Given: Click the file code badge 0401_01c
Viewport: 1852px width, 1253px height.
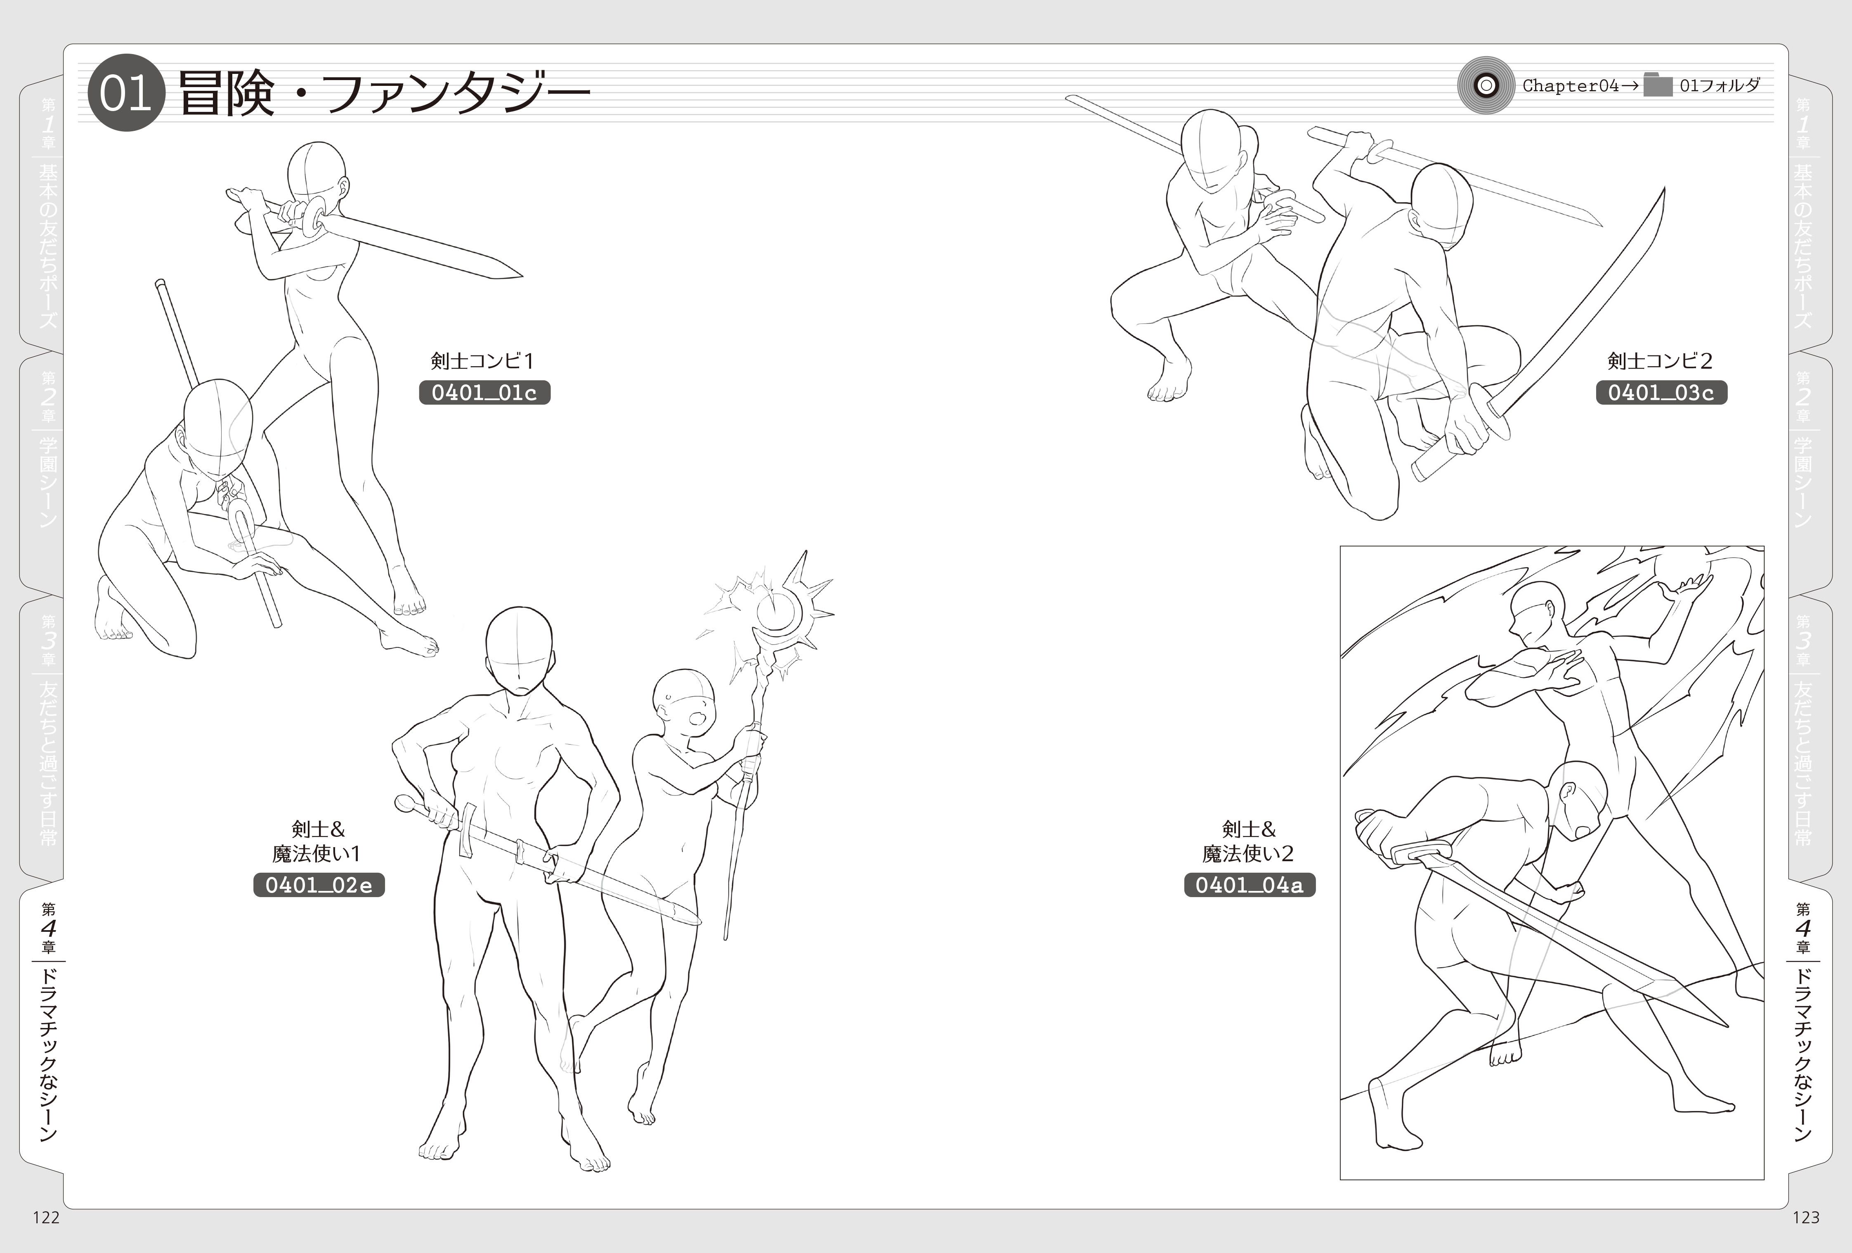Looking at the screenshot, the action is [484, 392].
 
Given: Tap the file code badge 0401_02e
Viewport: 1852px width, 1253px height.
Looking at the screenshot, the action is [319, 885].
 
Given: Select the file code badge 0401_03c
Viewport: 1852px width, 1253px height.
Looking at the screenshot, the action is [1661, 392].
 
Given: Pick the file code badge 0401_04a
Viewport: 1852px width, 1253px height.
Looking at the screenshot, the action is [1250, 885].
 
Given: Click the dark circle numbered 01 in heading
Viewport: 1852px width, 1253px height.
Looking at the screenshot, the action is [126, 94].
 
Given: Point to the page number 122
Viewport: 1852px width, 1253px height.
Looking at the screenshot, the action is [46, 1217].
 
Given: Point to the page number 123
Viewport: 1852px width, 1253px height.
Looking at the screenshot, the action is [1806, 1217].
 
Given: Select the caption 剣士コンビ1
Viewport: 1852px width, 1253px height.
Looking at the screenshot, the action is [482, 361].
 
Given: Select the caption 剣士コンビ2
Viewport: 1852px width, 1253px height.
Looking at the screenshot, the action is [1660, 361].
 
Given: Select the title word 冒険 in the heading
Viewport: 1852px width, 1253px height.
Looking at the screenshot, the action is [226, 94].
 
